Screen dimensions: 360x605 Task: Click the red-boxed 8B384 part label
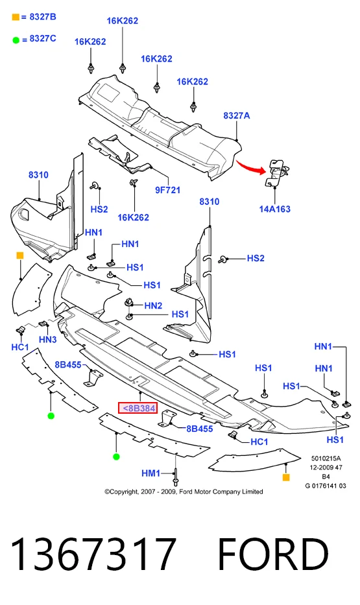pyautogui.click(x=138, y=407)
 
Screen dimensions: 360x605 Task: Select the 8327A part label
pyautogui.click(x=237, y=115)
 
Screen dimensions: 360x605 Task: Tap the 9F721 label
pyautogui.click(x=167, y=190)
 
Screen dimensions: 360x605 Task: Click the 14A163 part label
pyautogui.click(x=275, y=209)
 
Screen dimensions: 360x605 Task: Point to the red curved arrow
pyautogui.click(x=251, y=165)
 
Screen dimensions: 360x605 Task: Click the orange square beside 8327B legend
pyautogui.click(x=16, y=17)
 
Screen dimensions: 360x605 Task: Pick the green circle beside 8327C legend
pyautogui.click(x=16, y=40)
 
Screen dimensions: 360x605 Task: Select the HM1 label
pyautogui.click(x=150, y=473)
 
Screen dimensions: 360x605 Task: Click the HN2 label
pyautogui.click(x=153, y=305)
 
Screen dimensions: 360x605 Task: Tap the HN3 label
pyautogui.click(x=48, y=340)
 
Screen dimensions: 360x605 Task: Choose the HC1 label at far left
pyautogui.click(x=20, y=348)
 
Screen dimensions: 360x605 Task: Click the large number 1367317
pyautogui.click(x=93, y=554)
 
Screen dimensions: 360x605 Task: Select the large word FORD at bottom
pyautogui.click(x=273, y=554)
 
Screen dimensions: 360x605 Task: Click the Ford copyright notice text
pyautogui.click(x=184, y=492)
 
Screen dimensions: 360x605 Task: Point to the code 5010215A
pyautogui.click(x=326, y=458)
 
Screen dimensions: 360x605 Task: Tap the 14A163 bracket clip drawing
pyautogui.click(x=276, y=172)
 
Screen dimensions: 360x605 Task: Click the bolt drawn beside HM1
pyautogui.click(x=176, y=477)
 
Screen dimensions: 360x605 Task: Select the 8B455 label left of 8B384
pyautogui.click(x=68, y=364)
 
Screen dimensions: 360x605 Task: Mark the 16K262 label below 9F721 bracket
pyautogui.click(x=133, y=218)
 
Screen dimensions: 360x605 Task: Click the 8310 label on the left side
pyautogui.click(x=38, y=175)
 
